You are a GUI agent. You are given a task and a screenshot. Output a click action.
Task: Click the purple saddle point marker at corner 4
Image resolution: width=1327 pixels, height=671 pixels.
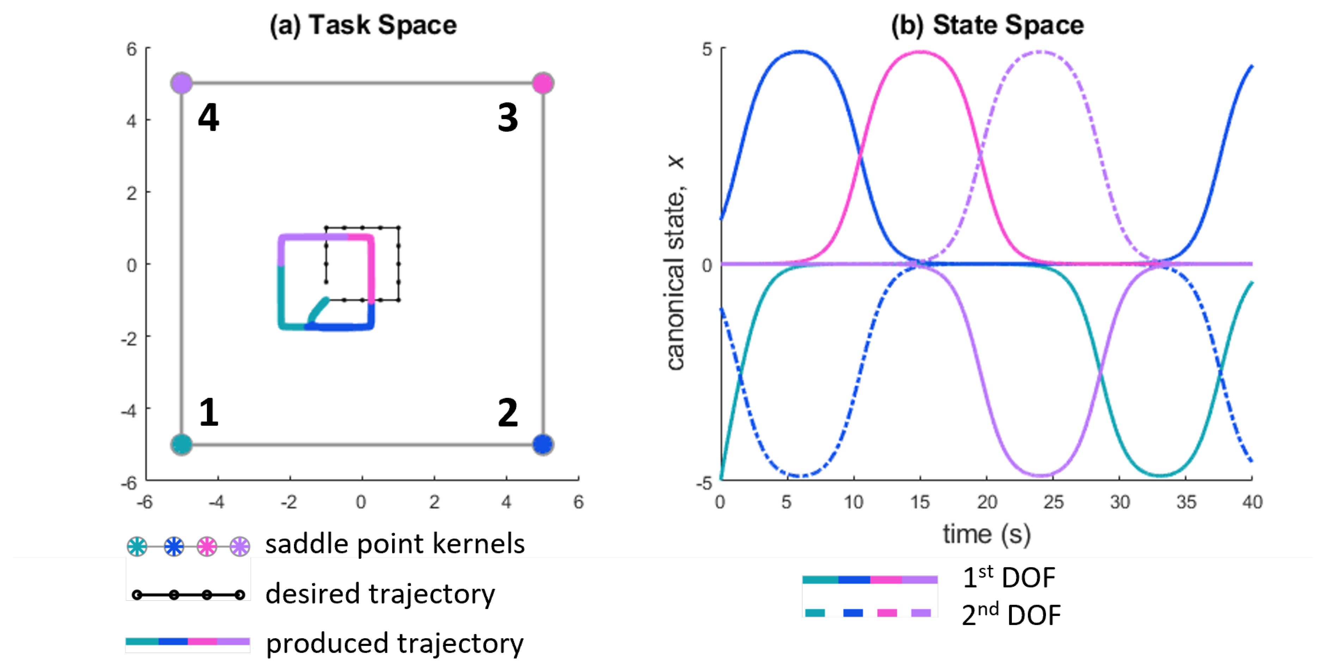click(181, 83)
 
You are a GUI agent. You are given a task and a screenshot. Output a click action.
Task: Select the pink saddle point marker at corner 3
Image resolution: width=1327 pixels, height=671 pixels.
click(543, 83)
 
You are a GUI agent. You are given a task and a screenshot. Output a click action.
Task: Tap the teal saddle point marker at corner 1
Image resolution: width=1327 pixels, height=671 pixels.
click(181, 444)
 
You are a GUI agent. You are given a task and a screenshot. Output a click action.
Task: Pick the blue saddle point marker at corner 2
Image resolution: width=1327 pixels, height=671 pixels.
click(543, 444)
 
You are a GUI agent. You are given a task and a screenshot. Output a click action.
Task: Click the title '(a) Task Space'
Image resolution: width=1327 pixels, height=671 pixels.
click(363, 25)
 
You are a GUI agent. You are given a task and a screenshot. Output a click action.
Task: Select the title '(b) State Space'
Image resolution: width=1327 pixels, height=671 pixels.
click(987, 25)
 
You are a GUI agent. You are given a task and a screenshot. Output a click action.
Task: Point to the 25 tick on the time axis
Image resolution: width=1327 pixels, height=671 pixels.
click(1053, 501)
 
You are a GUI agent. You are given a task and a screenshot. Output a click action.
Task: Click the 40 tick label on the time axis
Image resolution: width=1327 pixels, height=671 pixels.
click(1252, 501)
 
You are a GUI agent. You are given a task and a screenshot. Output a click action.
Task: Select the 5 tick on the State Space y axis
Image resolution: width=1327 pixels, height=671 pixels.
click(707, 49)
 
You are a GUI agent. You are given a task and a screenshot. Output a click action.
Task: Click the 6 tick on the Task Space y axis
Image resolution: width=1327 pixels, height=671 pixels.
click(132, 49)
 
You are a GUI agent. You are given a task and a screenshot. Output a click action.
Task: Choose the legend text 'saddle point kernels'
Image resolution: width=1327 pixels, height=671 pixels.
click(395, 544)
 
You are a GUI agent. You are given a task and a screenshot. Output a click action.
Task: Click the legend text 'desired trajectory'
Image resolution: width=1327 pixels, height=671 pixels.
click(380, 594)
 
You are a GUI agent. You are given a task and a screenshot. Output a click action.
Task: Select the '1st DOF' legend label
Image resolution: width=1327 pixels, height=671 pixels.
click(1009, 577)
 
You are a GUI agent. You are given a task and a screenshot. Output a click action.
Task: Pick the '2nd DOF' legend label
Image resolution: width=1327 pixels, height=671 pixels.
click(1011, 614)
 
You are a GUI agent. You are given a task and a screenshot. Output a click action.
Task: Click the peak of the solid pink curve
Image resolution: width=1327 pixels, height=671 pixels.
click(921, 52)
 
